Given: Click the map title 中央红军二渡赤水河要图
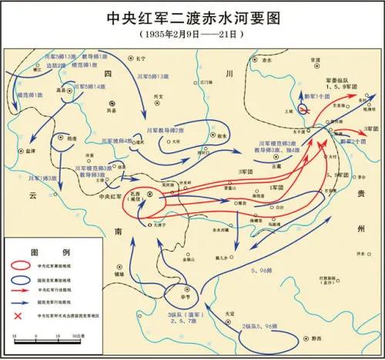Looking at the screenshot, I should coord(192,17).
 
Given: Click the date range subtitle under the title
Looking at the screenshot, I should coord(192,35).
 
